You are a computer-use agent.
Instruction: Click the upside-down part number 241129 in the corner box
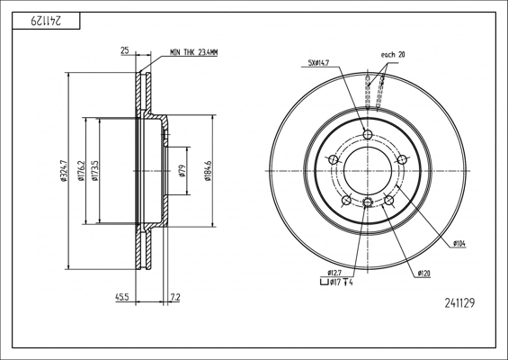point(46,21)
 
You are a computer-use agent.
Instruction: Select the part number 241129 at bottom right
point(459,303)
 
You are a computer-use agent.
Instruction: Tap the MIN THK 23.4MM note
point(193,52)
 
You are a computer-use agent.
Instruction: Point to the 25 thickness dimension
point(125,50)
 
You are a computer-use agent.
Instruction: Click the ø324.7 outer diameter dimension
point(63,171)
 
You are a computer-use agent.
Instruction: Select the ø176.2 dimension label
point(81,171)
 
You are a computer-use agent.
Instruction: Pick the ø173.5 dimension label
point(95,171)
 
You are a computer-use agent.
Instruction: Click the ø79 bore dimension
point(183,171)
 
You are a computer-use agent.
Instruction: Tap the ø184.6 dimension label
point(208,171)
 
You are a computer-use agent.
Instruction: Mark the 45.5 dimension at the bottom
point(122,297)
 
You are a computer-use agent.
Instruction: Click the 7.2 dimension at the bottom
point(175,297)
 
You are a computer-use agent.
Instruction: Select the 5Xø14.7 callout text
point(318,63)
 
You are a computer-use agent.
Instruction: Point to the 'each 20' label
point(393,55)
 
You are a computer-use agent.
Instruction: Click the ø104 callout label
point(459,244)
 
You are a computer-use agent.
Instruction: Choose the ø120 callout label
point(424,274)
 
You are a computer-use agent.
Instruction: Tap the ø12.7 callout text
point(334,273)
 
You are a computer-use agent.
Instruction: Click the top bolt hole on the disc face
point(368,134)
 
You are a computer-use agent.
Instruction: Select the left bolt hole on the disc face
point(334,159)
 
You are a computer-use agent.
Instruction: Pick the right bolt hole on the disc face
point(402,159)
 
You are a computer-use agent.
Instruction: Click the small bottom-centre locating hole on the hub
point(368,202)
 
